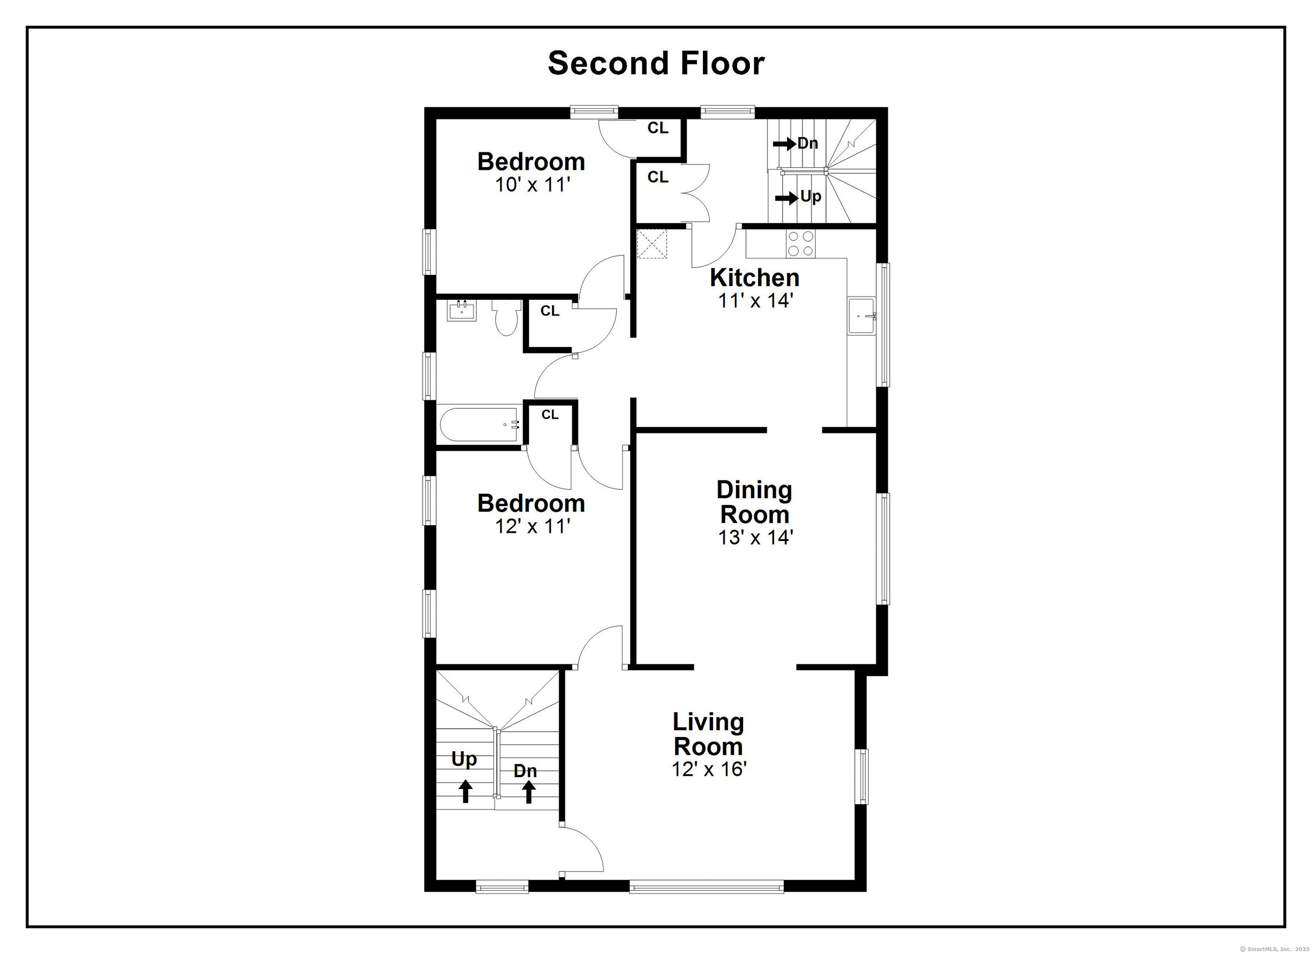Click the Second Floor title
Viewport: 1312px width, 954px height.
click(x=656, y=63)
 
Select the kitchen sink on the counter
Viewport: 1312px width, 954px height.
click(x=862, y=316)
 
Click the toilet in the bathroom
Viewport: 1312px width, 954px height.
click(x=506, y=319)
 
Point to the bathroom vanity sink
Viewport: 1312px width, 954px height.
click(x=462, y=311)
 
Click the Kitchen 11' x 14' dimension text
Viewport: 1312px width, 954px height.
click(x=754, y=301)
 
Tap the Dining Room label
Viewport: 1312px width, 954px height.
click(x=754, y=502)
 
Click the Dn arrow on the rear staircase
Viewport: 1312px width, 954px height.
click(x=785, y=143)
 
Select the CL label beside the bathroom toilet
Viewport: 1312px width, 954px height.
click(x=550, y=311)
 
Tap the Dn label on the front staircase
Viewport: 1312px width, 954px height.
click(x=525, y=771)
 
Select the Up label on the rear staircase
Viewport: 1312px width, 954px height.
click(x=811, y=197)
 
